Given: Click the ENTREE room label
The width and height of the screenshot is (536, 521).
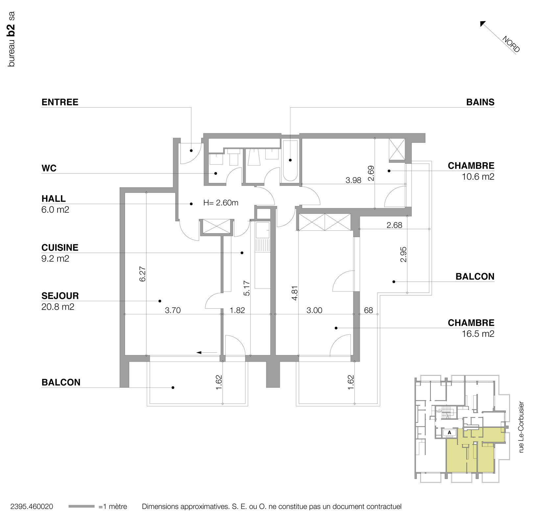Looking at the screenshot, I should [60, 102].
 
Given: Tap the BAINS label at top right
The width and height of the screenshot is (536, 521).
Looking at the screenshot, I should [480, 102].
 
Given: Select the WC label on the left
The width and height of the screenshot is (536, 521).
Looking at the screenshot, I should [49, 169].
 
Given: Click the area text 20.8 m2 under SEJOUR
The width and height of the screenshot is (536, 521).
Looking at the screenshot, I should [58, 307].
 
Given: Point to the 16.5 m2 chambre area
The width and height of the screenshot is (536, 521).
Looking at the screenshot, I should [478, 334].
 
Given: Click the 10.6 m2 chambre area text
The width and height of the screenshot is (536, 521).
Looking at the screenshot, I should [478, 177].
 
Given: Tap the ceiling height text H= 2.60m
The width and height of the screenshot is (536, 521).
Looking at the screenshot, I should [221, 203].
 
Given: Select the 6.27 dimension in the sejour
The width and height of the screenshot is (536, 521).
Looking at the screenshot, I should [142, 274].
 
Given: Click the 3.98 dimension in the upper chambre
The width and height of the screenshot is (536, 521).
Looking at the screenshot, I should [353, 180].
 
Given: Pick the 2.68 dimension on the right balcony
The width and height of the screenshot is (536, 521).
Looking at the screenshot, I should [394, 225].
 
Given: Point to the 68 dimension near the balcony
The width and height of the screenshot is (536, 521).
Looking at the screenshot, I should [368, 310].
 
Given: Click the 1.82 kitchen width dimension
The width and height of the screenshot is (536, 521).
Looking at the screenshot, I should [237, 310].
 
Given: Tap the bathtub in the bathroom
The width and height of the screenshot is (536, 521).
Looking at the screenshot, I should [290, 160].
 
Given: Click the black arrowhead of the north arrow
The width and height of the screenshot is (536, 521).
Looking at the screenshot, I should [482, 23].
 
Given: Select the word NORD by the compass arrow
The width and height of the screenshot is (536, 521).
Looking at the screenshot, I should [511, 44].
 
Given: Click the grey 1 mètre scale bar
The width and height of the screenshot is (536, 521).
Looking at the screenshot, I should [81, 507].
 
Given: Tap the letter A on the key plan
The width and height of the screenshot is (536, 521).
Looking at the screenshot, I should [449, 432].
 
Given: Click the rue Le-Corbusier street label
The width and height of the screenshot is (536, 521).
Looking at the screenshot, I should [521, 427].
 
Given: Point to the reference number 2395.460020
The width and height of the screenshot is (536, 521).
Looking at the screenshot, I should [32, 507].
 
